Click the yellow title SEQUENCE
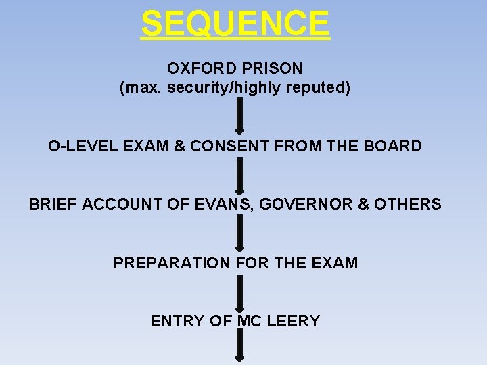click(235, 24)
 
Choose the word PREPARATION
click(172, 263)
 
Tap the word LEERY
click(294, 321)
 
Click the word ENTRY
click(177, 321)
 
